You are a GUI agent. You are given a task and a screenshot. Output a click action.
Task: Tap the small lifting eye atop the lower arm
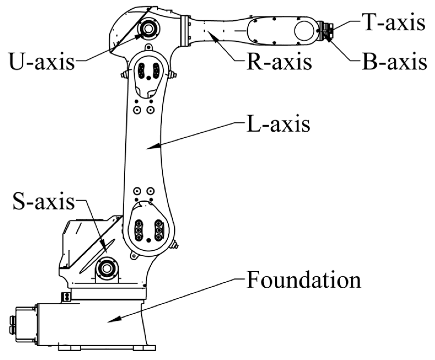pos(148,47)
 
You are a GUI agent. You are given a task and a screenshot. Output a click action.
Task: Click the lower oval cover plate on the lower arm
pos(149,227)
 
